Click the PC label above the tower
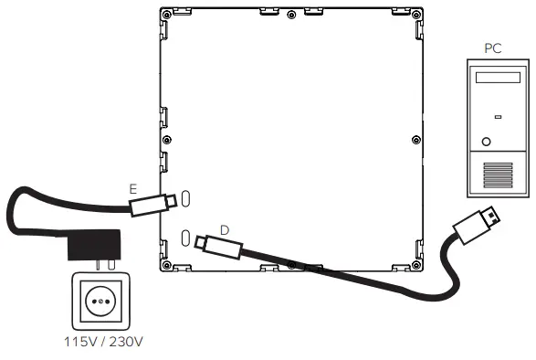493,48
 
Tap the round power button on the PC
486,142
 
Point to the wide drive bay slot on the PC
496,80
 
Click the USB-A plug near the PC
479,225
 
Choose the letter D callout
224,228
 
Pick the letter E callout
133,187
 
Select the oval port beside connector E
185,198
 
